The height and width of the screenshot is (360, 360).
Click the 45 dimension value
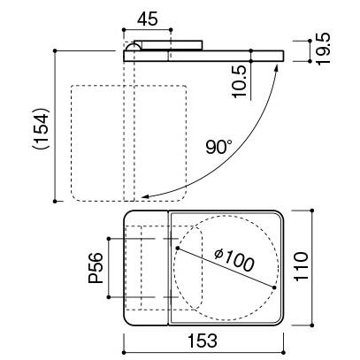coord(148,19)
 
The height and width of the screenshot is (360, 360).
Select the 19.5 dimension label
coord(323,48)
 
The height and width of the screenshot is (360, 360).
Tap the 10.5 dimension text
coord(239,81)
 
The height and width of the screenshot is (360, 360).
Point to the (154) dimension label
coord(41,128)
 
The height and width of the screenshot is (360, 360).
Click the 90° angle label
coord(218,147)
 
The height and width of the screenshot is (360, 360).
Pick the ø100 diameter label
coord(234,260)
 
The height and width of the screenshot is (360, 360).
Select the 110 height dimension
coord(302,266)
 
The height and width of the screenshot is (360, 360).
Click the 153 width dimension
coord(203,341)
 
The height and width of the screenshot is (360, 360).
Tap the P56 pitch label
coord(96,268)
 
